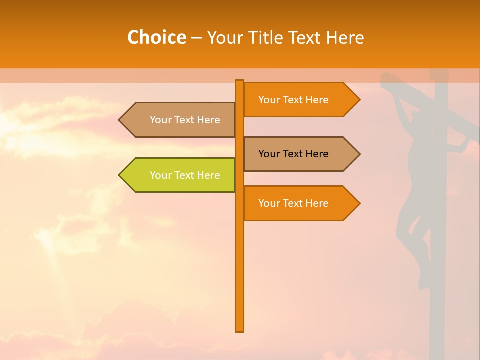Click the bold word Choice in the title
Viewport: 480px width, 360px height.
tap(156, 37)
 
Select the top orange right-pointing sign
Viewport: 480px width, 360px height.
tap(300, 100)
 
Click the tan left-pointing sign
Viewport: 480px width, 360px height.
tap(180, 120)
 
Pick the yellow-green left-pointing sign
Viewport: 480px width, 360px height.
tap(180, 175)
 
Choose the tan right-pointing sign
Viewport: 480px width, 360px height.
tap(300, 154)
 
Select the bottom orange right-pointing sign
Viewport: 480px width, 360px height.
tap(300, 203)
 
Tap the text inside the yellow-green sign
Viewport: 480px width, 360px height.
tap(185, 175)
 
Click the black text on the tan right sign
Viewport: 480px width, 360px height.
tap(293, 154)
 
